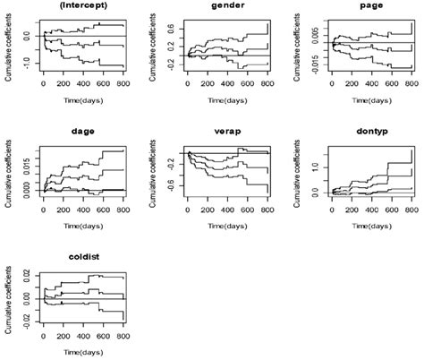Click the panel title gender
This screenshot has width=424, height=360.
point(225,6)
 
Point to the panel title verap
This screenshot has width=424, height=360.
point(225,128)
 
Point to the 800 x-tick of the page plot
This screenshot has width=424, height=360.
point(407,88)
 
